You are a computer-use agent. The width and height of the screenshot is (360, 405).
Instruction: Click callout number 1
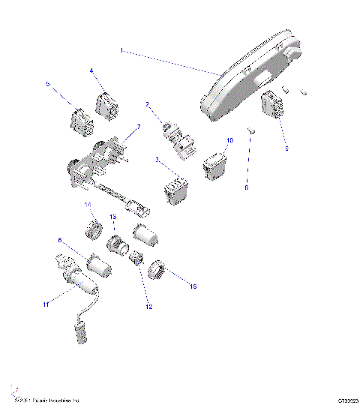[x=121, y=51]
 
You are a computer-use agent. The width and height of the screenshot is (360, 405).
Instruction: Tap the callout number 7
[x=137, y=127]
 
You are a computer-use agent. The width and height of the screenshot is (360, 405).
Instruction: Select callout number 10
[x=229, y=140]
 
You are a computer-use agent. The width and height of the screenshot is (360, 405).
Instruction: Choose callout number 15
[x=193, y=286]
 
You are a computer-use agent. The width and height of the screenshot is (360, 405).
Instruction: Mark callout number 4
[x=91, y=70]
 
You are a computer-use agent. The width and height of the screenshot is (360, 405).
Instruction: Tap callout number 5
[x=49, y=85]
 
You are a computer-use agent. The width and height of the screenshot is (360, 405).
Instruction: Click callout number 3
[x=157, y=159]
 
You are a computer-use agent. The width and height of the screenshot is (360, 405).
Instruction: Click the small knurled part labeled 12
[x=136, y=260]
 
